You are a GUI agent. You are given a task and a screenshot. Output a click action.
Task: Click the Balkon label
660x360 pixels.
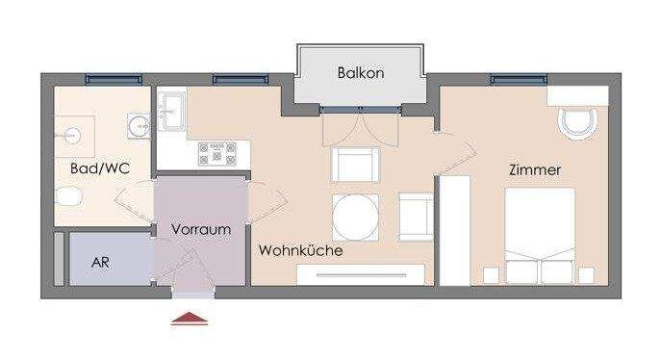(361, 73)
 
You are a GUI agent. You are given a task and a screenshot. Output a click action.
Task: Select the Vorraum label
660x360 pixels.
(201, 230)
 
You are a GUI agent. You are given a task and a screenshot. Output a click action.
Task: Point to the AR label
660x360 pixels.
(99, 262)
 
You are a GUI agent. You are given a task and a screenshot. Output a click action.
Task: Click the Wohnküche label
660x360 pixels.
(300, 250)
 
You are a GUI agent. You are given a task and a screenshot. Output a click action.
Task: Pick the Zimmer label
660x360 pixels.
(535, 169)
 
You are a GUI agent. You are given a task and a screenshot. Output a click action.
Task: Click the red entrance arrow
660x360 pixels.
(190, 320)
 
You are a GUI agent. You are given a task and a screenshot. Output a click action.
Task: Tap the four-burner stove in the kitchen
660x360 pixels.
(217, 152)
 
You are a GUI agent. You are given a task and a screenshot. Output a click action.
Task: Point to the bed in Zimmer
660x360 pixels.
(540, 234)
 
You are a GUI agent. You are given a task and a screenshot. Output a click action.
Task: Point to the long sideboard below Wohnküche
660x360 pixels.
(360, 275)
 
